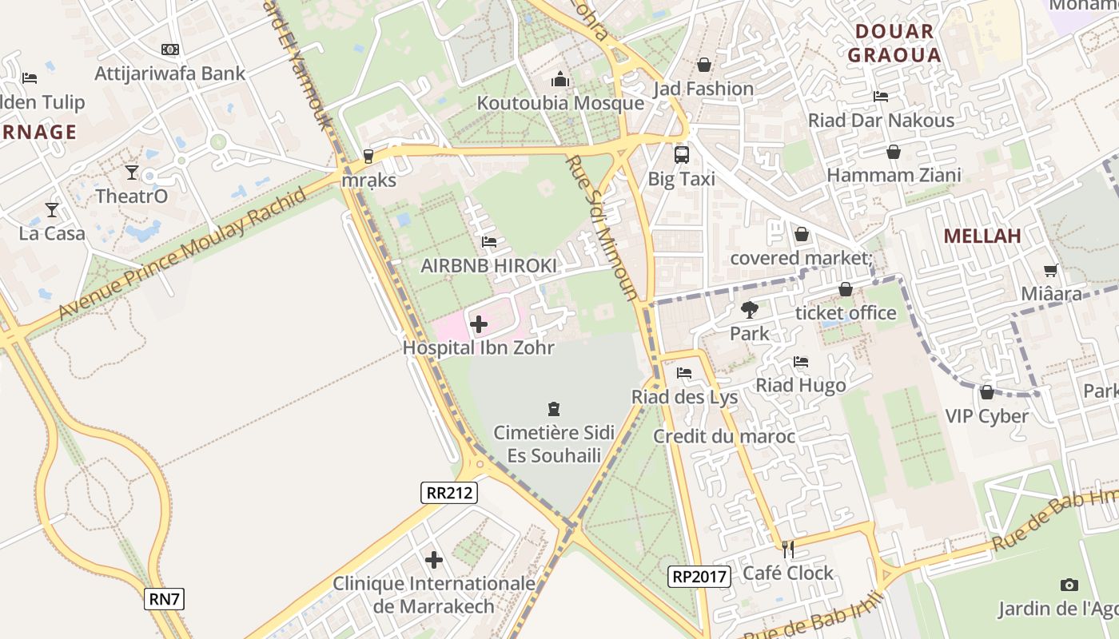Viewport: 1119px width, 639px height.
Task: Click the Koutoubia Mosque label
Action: point(560,103)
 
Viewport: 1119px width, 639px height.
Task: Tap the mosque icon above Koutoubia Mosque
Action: point(560,80)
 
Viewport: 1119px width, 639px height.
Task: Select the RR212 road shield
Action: point(449,493)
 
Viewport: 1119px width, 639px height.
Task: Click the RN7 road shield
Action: point(164,598)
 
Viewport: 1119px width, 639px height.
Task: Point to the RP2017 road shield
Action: point(699,576)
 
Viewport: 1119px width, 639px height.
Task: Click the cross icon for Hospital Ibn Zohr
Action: point(479,324)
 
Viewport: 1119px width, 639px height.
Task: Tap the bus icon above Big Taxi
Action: point(682,155)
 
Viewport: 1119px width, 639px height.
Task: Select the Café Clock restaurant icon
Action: point(788,549)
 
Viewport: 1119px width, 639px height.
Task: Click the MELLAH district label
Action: point(982,236)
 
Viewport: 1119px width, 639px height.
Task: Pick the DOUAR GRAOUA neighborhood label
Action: point(894,43)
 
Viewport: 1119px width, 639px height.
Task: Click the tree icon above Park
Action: point(749,309)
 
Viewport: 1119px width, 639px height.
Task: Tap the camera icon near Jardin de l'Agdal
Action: point(1069,585)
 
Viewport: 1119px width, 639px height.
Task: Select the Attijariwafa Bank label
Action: point(170,73)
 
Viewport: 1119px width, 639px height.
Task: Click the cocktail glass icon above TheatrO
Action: point(132,172)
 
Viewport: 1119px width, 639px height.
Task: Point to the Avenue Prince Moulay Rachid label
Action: point(183,254)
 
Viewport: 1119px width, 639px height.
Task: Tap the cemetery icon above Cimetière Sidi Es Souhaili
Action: point(553,410)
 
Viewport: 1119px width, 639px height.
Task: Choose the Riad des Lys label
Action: point(684,397)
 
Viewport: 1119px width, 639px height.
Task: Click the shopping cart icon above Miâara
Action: point(1050,271)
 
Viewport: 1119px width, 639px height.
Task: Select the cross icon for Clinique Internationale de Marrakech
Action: point(434,560)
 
